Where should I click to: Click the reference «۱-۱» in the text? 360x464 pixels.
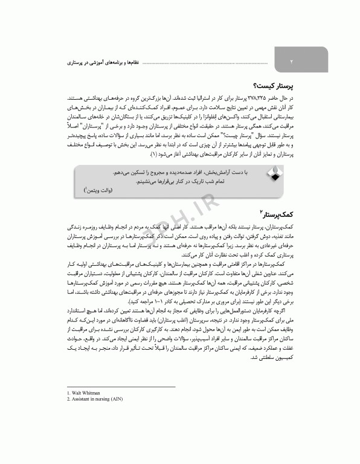[x=123, y=300]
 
